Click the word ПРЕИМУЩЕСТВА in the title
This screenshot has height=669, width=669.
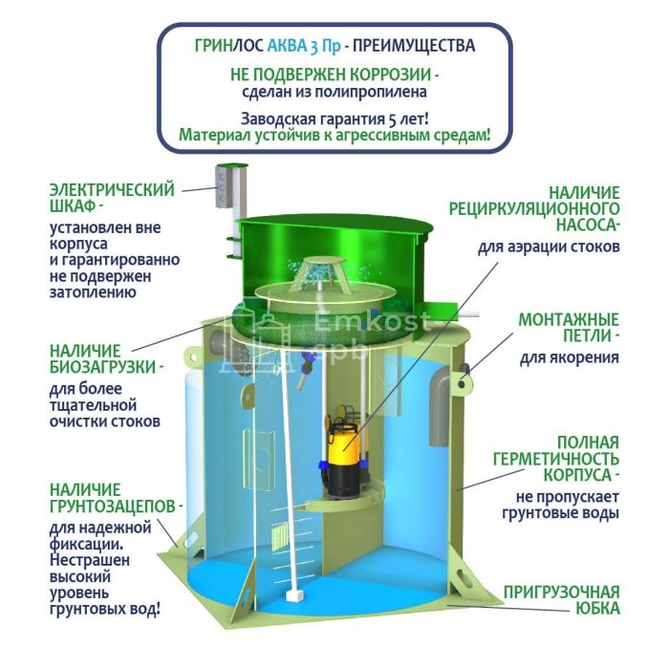tap(414, 46)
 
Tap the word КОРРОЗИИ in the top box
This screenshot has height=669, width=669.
tap(390, 75)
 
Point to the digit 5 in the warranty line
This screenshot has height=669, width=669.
tap(391, 119)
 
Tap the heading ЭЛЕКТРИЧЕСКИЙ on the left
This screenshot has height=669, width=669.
tap(112, 190)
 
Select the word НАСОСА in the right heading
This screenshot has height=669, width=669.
tap(585, 225)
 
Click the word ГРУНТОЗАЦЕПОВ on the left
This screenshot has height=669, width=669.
tap(113, 507)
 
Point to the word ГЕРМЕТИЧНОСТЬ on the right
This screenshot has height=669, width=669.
tap(556, 459)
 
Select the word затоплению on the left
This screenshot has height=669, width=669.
tap(93, 292)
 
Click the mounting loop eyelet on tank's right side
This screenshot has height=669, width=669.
tap(462, 383)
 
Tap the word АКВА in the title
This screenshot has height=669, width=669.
tap(287, 46)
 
